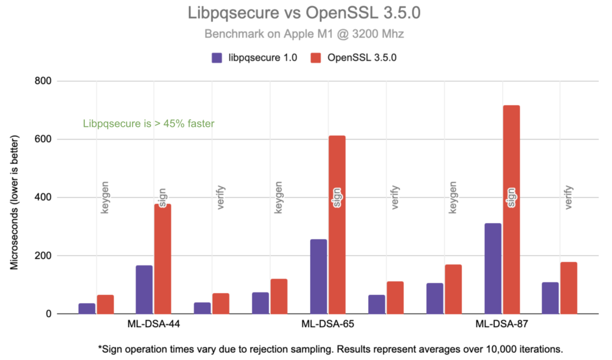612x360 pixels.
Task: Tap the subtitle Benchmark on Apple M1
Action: click(304, 34)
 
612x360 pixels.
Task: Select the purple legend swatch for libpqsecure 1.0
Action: click(217, 58)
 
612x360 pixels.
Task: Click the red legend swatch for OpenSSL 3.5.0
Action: click(317, 58)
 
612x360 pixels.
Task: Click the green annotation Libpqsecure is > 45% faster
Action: click(148, 124)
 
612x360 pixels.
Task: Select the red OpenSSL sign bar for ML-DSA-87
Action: click(511, 209)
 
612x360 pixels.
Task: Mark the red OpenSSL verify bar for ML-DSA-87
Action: click(569, 288)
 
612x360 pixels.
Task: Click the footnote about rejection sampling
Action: click(330, 348)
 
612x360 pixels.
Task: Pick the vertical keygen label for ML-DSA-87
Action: click(453, 197)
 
